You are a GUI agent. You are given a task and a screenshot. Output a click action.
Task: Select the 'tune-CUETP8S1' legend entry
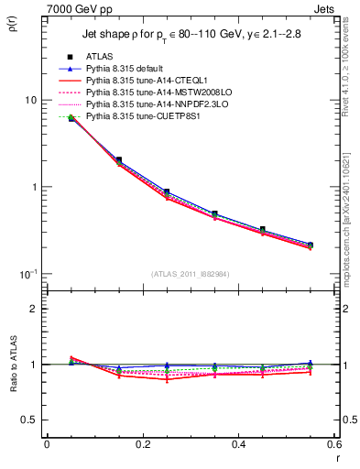click(x=137, y=116)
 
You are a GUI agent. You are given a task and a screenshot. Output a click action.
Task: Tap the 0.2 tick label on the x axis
click(x=142, y=444)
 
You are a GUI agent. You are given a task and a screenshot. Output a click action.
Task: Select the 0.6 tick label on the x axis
click(x=333, y=444)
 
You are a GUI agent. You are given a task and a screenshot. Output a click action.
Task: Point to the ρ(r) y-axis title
click(x=12, y=22)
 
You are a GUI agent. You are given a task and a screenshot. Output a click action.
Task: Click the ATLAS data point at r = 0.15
click(x=119, y=159)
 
